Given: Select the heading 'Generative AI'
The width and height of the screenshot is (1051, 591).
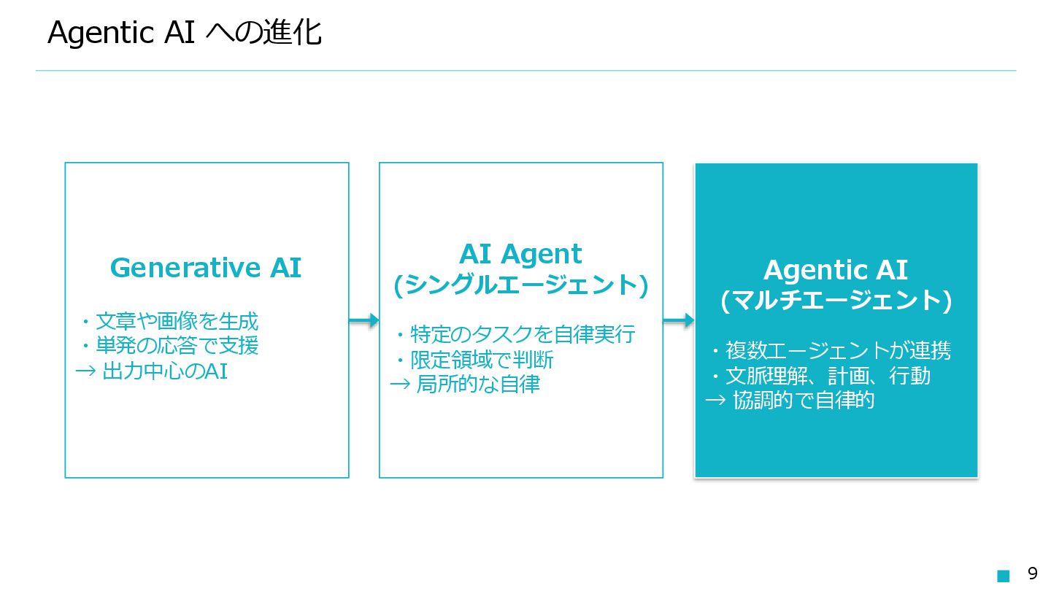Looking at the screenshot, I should pos(205,268).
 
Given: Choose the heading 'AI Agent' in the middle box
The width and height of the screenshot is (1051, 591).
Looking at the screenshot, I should pos(520,254).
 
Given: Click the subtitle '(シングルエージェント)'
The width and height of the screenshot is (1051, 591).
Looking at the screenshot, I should pos(520,285).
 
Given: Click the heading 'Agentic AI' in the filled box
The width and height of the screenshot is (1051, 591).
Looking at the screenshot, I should pos(835,270).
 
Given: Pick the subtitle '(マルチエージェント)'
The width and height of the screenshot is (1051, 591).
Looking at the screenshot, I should pos(836,301).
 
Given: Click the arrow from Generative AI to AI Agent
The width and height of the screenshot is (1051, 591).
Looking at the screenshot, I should pos(363,320).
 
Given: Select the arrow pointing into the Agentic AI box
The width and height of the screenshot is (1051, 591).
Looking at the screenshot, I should pos(678,320).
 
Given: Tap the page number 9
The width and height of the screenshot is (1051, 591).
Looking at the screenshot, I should pos(1032,573).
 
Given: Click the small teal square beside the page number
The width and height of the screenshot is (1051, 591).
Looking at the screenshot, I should pos(1004,576).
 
